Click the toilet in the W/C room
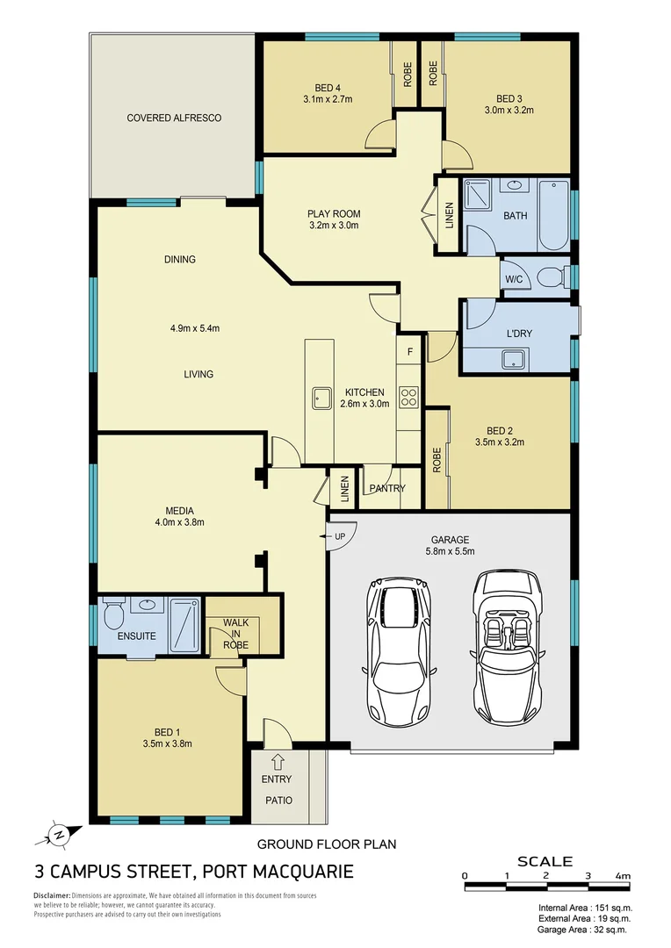pos(552,279)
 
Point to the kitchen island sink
pos(321,398)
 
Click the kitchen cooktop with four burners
pos(408,397)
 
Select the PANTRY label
pos(387,488)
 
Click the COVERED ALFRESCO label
pos(174,118)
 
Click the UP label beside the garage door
pos(338,535)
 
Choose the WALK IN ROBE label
pos(235,634)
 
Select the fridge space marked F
pos(408,351)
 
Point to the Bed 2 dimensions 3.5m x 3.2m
pos(505,442)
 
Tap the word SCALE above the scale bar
pos(545,861)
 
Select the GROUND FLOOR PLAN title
pos(326,844)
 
